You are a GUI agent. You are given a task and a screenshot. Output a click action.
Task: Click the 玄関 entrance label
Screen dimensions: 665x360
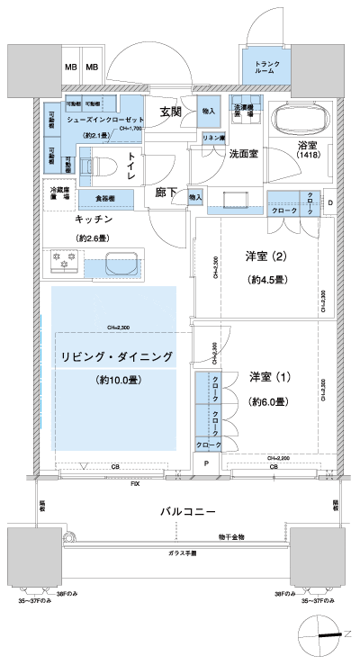pyautogui.click(x=172, y=112)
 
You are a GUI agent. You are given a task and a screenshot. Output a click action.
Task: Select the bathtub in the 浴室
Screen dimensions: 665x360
pyautogui.click(x=299, y=119)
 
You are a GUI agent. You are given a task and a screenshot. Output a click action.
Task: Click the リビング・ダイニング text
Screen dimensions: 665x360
pyautogui.click(x=117, y=356)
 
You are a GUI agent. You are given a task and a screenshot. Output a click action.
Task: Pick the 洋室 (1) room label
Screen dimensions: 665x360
pyautogui.click(x=267, y=376)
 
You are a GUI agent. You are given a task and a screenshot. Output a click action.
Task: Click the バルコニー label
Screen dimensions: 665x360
pyautogui.click(x=187, y=511)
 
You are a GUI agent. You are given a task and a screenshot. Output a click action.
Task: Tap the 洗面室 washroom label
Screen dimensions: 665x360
pyautogui.click(x=243, y=154)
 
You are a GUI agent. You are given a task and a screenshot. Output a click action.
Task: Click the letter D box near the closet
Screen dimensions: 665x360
pyautogui.click(x=329, y=202)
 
